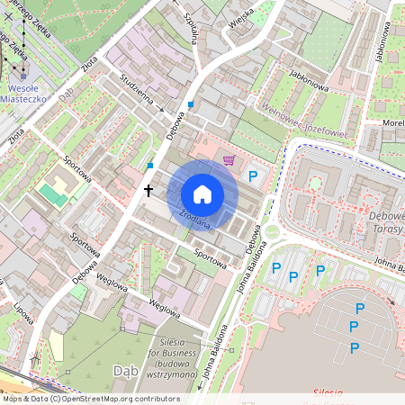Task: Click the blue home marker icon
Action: pos(202,194)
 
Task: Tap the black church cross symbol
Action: pos(149,191)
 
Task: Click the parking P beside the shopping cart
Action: pos(253,177)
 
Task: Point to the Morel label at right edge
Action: pos(392,122)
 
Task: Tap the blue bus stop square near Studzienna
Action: pos(191,105)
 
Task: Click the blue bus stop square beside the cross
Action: pos(149,166)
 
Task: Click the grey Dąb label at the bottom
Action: pos(126,371)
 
